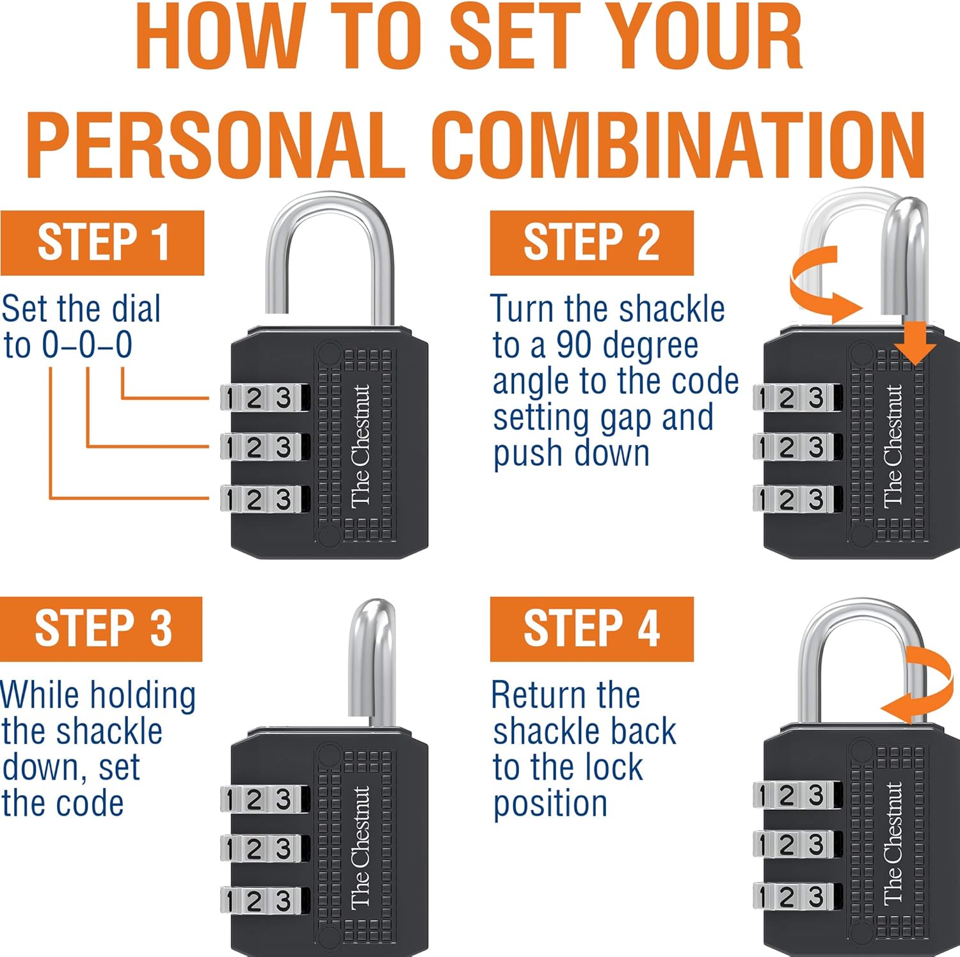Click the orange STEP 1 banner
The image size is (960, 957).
point(102,242)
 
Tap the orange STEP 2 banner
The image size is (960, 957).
point(591,242)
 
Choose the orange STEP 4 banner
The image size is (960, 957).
point(591,628)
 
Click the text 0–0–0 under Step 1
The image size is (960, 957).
point(87,345)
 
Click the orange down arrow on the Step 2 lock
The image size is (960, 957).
point(915,342)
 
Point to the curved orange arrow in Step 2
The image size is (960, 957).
point(819,285)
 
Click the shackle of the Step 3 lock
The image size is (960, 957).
point(372,659)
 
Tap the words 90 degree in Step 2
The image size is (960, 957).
point(627,345)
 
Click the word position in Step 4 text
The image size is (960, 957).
point(550,804)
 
